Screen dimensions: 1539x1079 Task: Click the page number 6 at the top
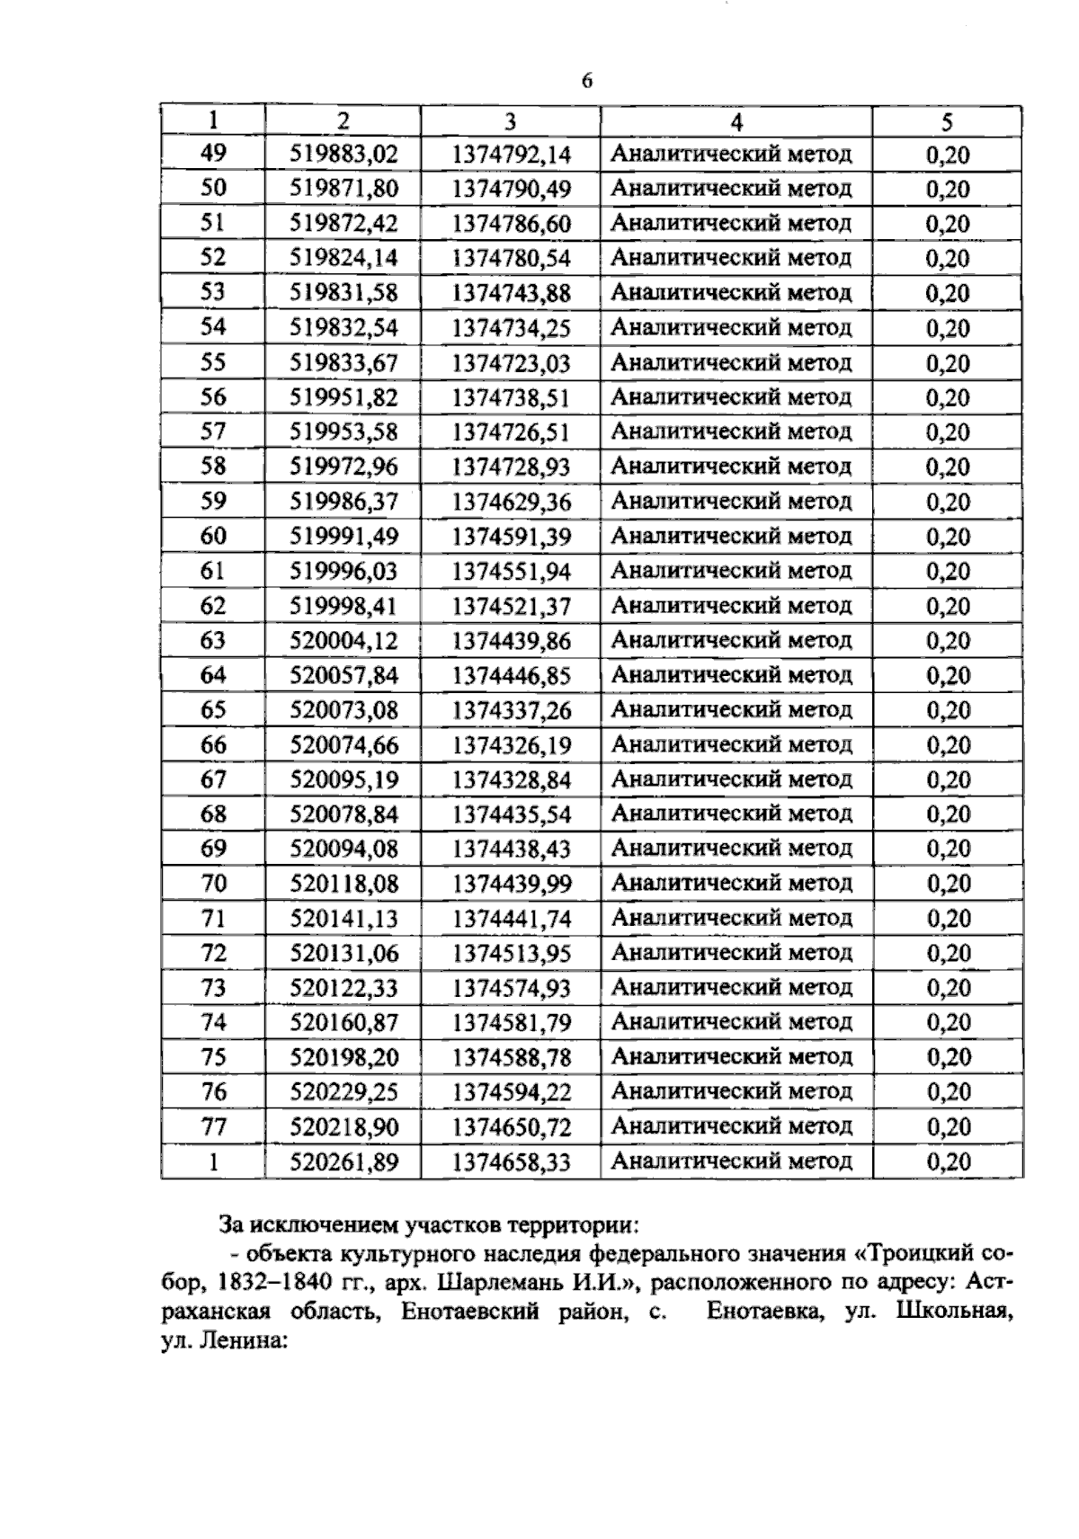pos(587,81)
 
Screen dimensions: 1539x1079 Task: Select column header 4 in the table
pos(736,121)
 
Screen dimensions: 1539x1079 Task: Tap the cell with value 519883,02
pos(343,154)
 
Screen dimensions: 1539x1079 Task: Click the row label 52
pos(213,258)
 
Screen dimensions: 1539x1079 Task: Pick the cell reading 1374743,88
pos(511,293)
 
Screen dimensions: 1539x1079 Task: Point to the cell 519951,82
pos(343,397)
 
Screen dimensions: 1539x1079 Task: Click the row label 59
pos(213,501)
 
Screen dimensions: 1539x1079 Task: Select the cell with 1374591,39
pos(511,537)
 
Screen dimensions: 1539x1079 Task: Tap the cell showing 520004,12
pos(343,641)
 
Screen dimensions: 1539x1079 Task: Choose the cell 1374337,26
pos(511,710)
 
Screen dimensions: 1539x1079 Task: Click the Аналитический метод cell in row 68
pos(731,814)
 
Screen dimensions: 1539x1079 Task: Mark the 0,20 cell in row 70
pos(948,884)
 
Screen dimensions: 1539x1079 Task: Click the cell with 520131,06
pos(343,953)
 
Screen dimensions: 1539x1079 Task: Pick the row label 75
pos(213,1057)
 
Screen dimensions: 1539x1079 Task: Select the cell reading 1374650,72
pos(511,1126)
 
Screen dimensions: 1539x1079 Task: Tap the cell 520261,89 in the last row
pos(343,1161)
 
